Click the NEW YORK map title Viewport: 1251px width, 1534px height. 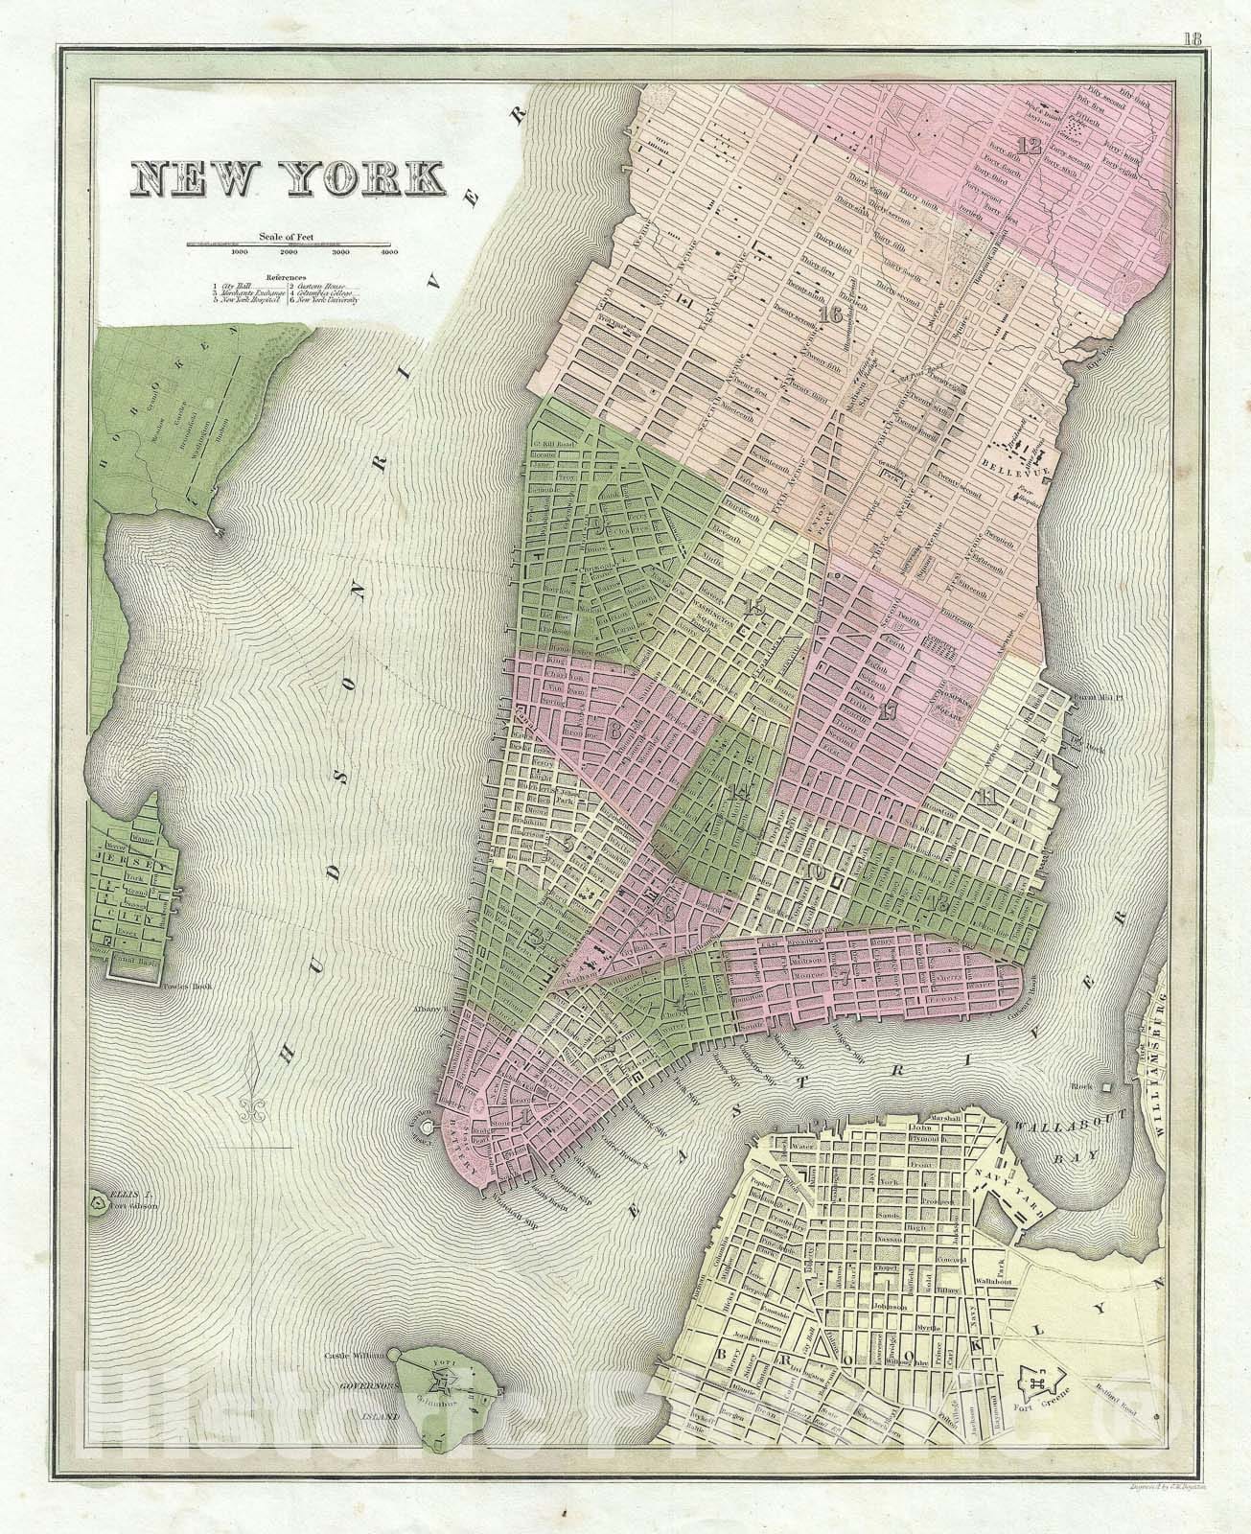(x=289, y=180)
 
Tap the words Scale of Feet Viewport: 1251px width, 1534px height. (x=287, y=236)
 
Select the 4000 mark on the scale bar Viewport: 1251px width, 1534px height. (x=388, y=253)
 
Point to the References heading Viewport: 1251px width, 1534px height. (x=288, y=277)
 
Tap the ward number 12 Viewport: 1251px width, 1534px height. (x=1030, y=147)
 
